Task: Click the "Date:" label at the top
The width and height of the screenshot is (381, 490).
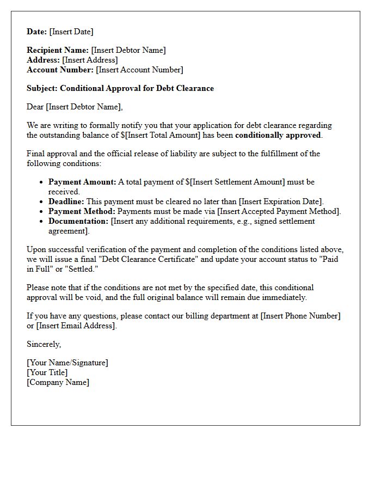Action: pos(37,32)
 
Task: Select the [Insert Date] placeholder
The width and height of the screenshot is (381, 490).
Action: pos(71,32)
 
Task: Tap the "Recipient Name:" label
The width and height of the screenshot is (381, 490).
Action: pos(58,50)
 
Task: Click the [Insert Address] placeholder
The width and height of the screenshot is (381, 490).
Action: pos(90,60)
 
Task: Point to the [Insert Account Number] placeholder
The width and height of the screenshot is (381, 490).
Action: pos(139,70)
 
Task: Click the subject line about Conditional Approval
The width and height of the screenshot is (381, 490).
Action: pos(120,88)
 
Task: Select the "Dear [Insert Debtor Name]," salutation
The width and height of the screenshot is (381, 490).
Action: pos(75,107)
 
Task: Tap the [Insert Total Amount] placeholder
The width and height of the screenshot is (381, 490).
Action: pos(158,135)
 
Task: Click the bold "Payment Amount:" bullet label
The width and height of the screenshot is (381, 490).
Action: pos(82,182)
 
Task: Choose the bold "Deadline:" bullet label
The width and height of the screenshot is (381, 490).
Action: pos(66,201)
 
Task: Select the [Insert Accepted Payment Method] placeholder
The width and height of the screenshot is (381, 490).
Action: pos(279,211)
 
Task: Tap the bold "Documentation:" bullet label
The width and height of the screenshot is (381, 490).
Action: pos(78,221)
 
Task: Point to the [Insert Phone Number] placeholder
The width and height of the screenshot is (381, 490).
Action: pos(300,316)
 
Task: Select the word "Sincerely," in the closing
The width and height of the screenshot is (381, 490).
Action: pos(44,344)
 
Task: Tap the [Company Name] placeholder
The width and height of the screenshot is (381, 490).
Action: pos(58,382)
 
